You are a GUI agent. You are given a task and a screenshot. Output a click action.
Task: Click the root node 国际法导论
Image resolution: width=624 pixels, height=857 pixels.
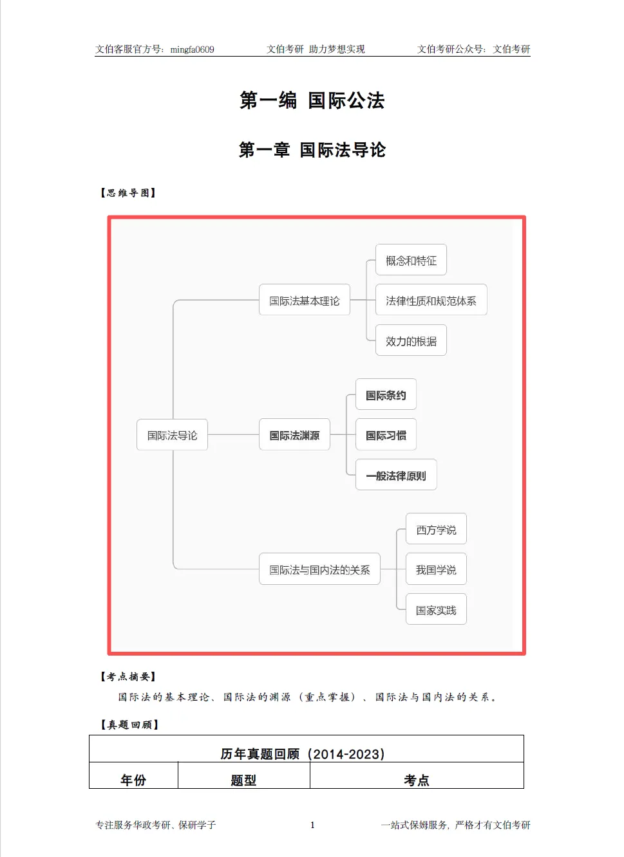tap(172, 435)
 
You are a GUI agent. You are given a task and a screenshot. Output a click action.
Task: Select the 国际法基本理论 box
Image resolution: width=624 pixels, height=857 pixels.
tap(304, 300)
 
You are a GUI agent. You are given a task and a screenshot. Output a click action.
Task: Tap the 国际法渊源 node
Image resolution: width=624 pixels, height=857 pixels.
tap(294, 435)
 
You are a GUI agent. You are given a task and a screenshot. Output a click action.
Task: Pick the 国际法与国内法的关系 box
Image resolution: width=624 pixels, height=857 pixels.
tap(319, 569)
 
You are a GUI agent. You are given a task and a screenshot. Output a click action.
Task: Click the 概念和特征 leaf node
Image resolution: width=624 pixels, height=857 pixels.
tap(411, 260)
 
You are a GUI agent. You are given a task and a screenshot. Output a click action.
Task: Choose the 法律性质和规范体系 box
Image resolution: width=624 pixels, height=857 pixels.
tap(431, 300)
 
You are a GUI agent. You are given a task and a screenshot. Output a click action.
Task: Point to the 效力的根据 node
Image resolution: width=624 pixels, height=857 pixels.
tap(411, 341)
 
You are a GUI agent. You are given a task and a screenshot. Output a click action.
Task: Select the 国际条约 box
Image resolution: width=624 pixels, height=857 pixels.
tap(386, 395)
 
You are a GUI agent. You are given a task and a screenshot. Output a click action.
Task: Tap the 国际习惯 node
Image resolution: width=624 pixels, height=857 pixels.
tap(386, 435)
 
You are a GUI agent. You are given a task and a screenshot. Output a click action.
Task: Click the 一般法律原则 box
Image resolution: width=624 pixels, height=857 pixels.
tap(396, 475)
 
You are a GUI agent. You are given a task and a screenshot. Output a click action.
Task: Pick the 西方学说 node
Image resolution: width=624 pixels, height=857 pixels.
tap(436, 530)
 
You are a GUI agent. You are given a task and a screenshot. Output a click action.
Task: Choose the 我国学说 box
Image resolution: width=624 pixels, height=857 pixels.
tap(436, 569)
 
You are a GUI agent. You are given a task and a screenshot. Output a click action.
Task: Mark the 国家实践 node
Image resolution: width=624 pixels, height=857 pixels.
tap(436, 610)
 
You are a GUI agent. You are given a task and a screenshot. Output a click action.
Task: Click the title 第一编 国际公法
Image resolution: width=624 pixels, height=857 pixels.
tap(312, 100)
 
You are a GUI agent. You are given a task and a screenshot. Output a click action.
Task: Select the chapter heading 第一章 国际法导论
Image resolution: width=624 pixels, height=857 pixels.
tap(312, 150)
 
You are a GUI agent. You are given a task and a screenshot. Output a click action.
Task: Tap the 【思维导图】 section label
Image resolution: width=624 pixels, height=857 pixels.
tap(128, 192)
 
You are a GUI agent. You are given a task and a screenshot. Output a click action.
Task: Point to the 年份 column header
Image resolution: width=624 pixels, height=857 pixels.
tap(133, 780)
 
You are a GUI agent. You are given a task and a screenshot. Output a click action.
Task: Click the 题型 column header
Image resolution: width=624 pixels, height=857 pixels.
tap(243, 780)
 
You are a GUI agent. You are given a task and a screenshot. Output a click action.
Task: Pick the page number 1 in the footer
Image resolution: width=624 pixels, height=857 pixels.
tap(312, 825)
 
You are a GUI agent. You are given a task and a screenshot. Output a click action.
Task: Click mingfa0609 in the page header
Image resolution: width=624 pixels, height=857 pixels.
tap(192, 50)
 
